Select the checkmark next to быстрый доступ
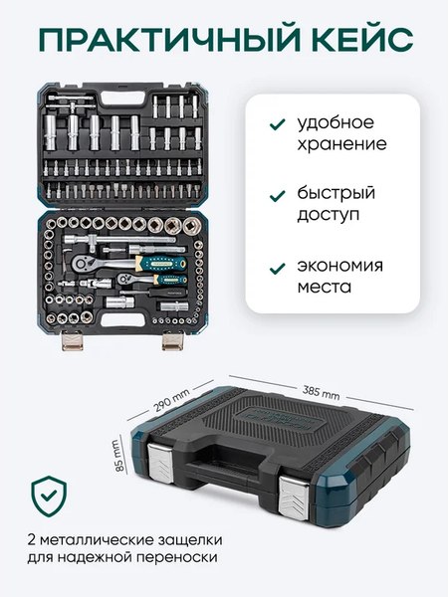(x=275, y=194)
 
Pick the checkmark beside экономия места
(x=275, y=266)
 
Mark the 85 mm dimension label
(x=116, y=457)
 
